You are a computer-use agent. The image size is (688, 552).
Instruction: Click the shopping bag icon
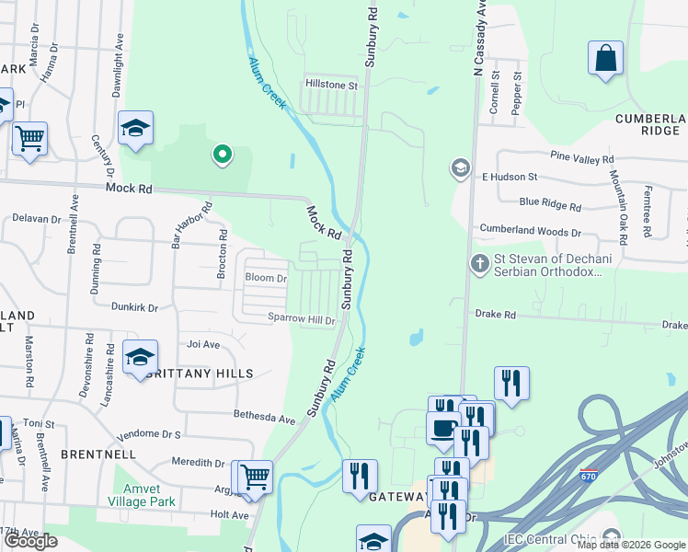coord(606,59)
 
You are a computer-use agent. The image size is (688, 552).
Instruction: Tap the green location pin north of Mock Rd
coord(222,155)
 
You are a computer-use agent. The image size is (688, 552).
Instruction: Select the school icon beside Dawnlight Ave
coord(135,130)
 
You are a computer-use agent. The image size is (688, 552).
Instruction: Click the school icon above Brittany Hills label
coord(140,359)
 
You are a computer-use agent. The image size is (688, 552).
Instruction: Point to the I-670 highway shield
coord(588,475)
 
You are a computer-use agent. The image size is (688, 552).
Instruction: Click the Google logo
coord(30,540)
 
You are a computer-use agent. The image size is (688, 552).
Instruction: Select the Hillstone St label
coord(331,85)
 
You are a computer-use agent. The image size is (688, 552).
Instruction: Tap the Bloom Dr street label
coord(266,278)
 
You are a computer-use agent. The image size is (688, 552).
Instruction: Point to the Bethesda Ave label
coord(264,418)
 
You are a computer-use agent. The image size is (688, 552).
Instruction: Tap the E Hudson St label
coord(510,177)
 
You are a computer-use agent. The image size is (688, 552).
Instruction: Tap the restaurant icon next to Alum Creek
coord(360,477)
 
